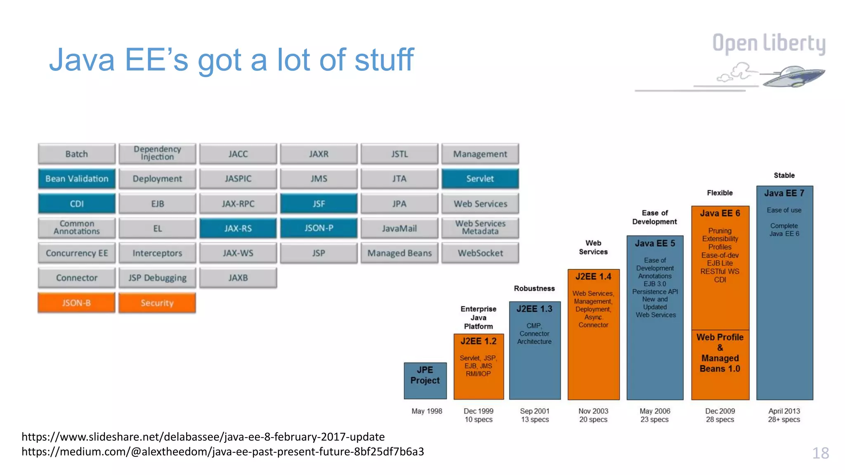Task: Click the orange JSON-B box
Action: (x=76, y=303)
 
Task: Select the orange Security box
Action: (x=157, y=303)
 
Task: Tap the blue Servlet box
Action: (x=480, y=179)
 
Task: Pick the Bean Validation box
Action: (x=77, y=179)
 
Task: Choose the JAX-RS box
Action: (x=238, y=228)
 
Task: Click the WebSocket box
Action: (x=480, y=253)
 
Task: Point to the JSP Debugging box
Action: (x=157, y=277)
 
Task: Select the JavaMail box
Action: (x=399, y=228)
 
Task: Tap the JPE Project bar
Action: (x=425, y=380)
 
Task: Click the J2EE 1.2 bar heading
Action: (x=479, y=341)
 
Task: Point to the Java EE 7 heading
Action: (x=784, y=193)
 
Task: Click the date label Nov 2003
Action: (x=593, y=411)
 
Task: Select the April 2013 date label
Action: (x=784, y=411)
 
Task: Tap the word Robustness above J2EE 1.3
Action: (x=534, y=288)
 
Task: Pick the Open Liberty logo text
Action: (x=769, y=43)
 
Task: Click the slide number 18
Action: (x=820, y=453)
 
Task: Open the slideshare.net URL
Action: (x=203, y=437)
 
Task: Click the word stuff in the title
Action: (x=384, y=60)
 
